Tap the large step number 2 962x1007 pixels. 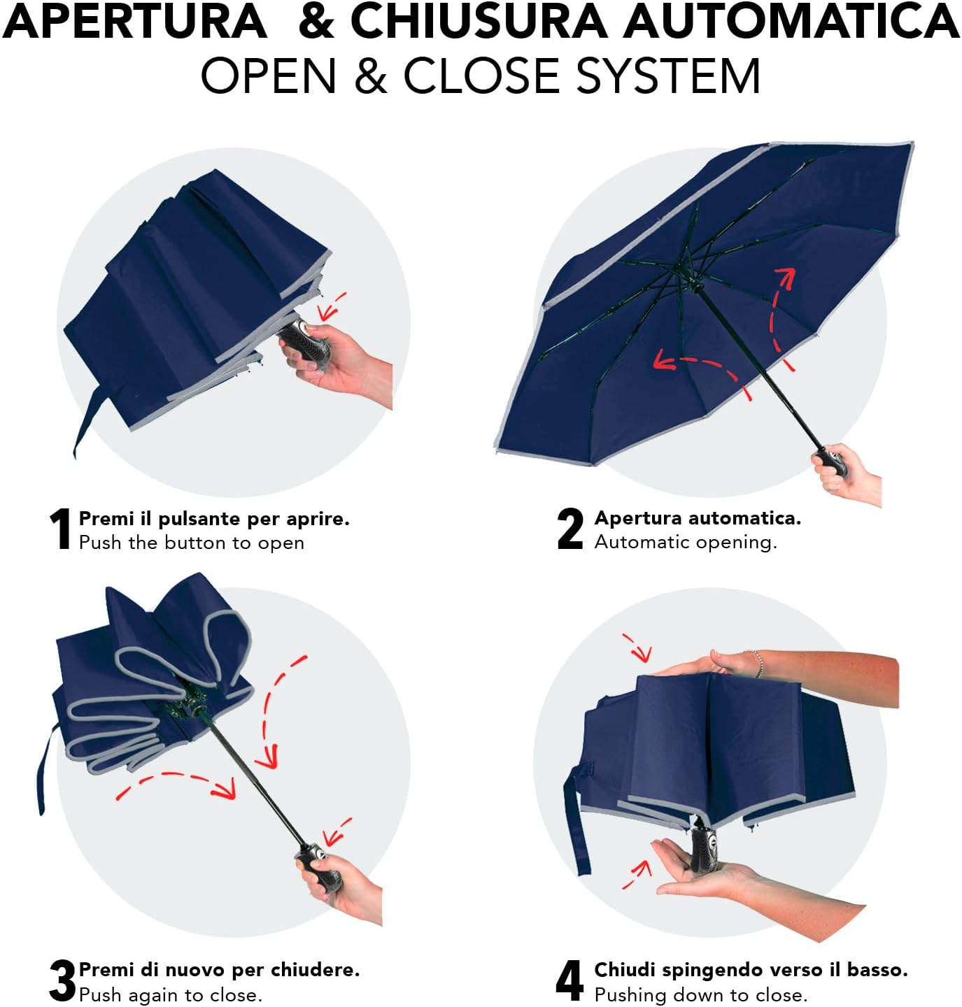pyautogui.click(x=570, y=529)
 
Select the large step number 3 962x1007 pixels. pyautogui.click(x=63, y=980)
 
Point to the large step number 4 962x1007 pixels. pyautogui.click(x=570, y=980)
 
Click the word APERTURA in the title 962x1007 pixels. pyautogui.click(x=134, y=22)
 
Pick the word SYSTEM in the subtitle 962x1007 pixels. pyautogui.click(x=668, y=76)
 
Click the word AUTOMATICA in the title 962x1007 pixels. pyautogui.click(x=791, y=22)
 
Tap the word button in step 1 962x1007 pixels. pyautogui.click(x=196, y=543)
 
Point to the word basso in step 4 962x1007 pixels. pyautogui.click(x=877, y=969)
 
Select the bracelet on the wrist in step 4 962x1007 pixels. pyautogui.click(x=758, y=664)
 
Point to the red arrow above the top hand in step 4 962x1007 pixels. pyautogui.click(x=637, y=647)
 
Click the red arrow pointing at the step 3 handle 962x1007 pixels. pyautogui.click(x=337, y=831)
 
